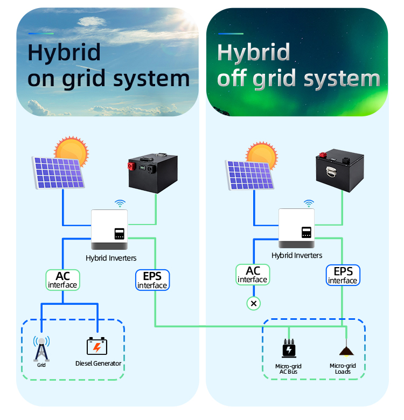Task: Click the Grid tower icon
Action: (x=41, y=348)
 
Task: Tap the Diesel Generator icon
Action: (x=97, y=346)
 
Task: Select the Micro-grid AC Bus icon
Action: (x=289, y=349)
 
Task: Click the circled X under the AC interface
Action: (x=254, y=304)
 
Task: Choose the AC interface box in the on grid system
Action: (x=62, y=280)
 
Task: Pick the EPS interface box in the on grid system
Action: (x=152, y=280)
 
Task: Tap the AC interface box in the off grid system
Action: (x=252, y=275)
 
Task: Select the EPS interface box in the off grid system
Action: (x=343, y=275)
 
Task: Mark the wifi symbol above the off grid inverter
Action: (x=309, y=204)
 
